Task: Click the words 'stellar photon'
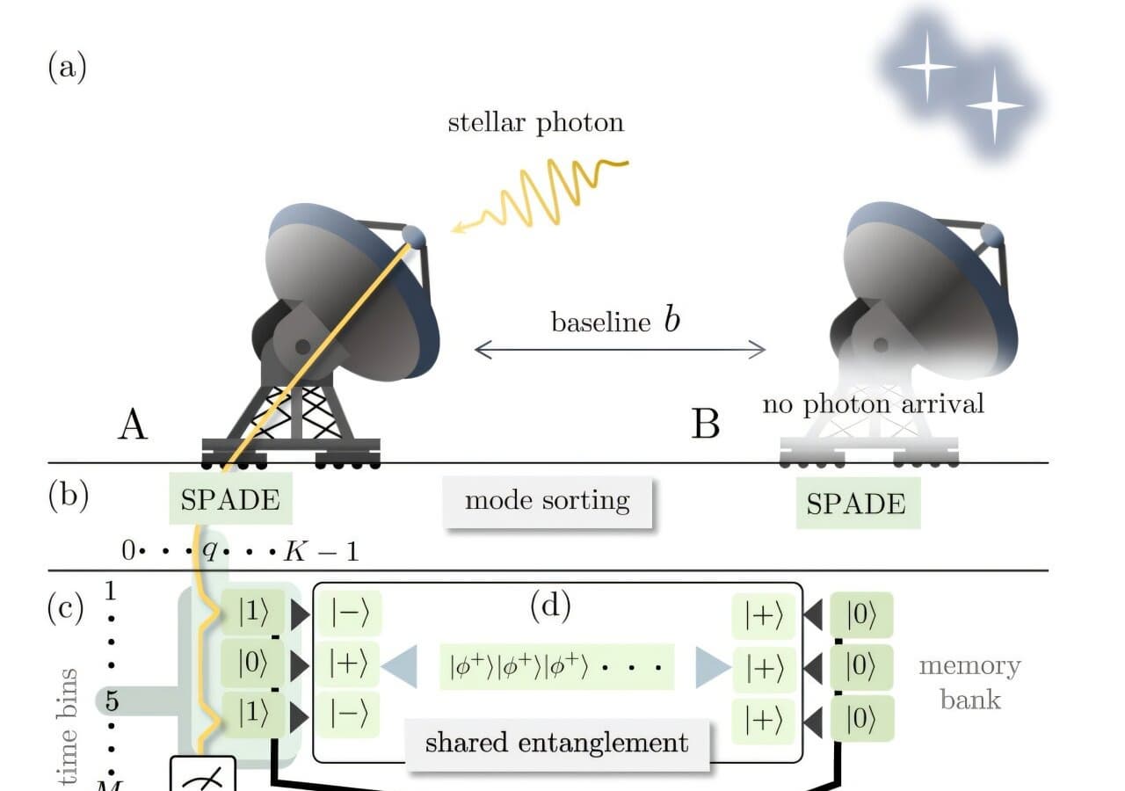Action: point(535,122)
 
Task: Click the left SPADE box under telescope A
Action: point(230,500)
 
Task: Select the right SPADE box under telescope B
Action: point(857,504)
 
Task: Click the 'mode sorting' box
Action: point(547,502)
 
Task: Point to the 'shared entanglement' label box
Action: point(556,744)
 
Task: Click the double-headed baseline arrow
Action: point(620,350)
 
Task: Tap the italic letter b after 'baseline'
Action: point(671,320)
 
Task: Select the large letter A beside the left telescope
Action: point(132,425)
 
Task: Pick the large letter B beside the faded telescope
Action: point(706,425)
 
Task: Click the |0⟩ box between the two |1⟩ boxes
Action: point(253,664)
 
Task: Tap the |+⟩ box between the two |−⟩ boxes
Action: point(353,664)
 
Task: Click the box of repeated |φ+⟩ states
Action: point(555,669)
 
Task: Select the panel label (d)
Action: point(550,606)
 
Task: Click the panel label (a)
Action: point(67,67)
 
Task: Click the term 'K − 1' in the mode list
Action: point(321,553)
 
